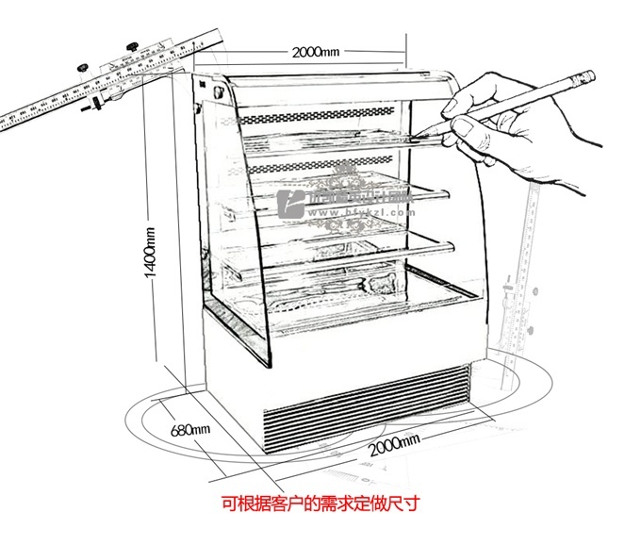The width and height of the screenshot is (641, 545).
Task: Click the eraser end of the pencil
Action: point(591,74)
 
